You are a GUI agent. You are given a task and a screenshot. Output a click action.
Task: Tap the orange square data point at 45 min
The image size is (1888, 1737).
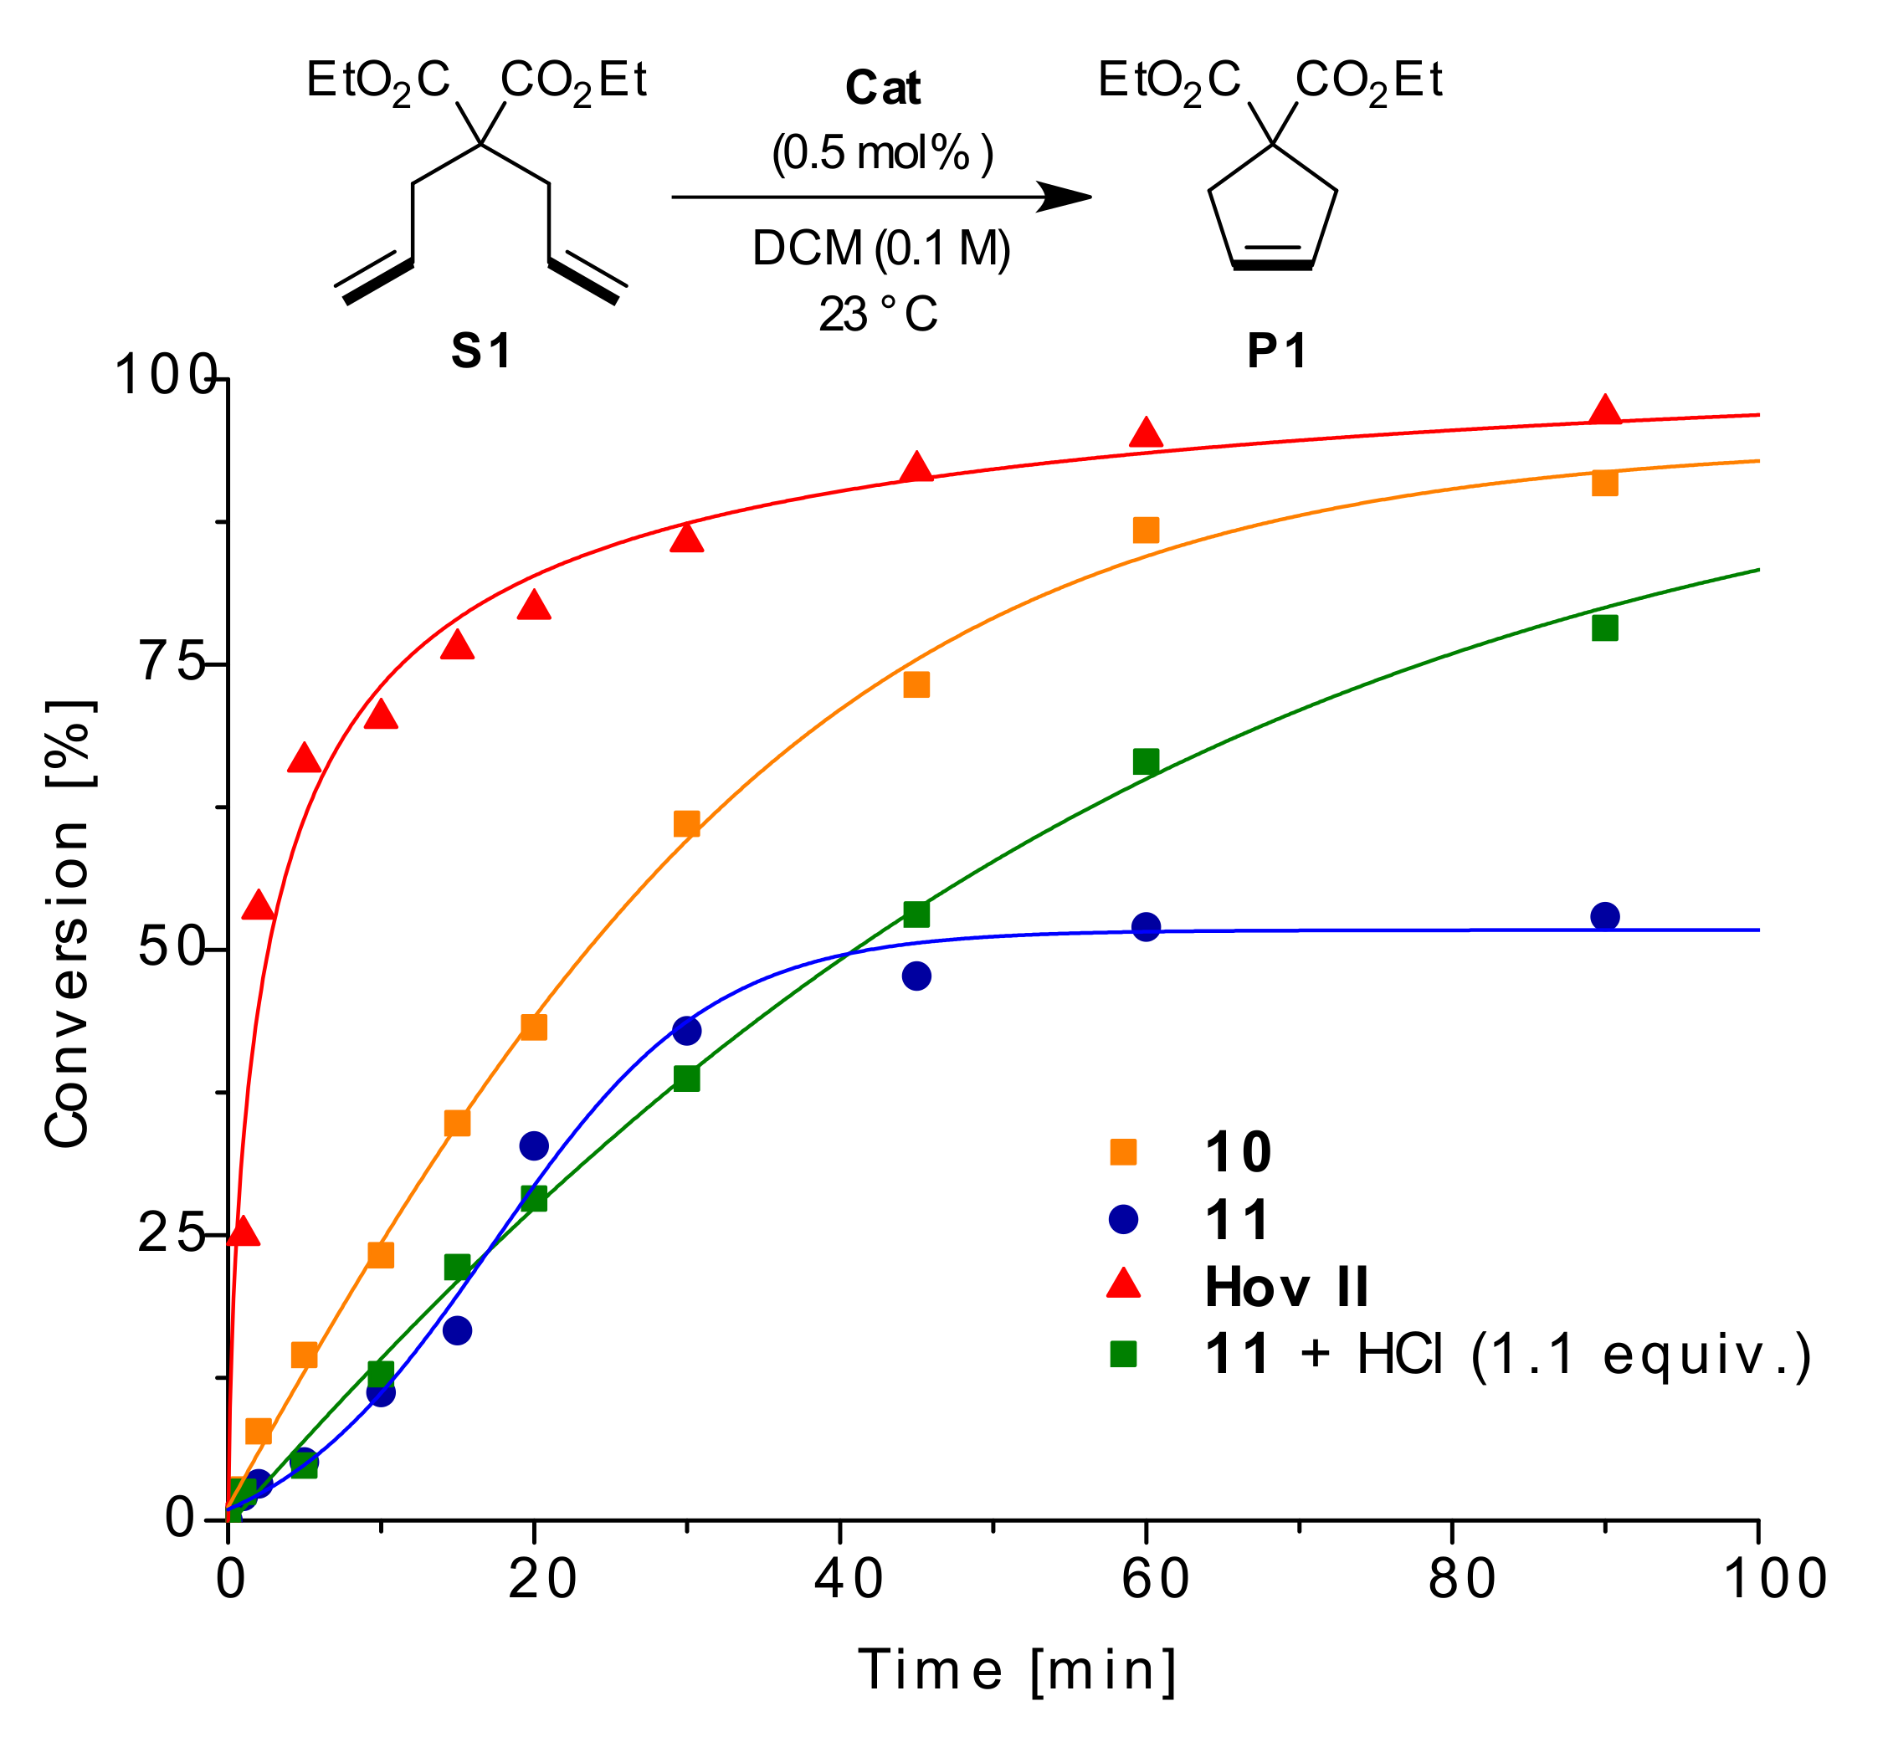(916, 684)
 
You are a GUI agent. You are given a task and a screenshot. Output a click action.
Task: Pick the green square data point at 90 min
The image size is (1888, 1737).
(1605, 627)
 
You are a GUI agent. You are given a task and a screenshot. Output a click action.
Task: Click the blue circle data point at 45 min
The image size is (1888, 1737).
(916, 976)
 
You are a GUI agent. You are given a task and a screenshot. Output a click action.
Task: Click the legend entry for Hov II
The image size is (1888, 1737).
(1285, 1287)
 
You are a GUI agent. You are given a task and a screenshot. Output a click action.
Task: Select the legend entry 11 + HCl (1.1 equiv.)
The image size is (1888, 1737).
(1506, 1355)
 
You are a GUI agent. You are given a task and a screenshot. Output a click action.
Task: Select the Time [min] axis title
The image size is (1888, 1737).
(1018, 1670)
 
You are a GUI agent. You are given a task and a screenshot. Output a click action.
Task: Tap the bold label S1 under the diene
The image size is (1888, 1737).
(480, 351)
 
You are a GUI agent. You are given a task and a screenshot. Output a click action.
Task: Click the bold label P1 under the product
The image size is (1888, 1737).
(1276, 351)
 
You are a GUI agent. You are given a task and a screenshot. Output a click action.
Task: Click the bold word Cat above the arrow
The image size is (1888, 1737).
(882, 89)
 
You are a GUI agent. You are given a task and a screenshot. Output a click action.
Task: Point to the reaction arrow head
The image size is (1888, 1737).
(1067, 197)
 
